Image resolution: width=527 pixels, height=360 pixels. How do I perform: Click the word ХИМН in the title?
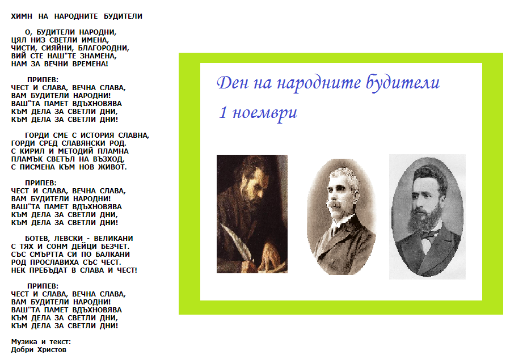pos(21,16)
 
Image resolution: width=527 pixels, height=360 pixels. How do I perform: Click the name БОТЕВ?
pos(38,239)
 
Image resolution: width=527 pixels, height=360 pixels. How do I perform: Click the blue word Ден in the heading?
pos(230,83)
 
